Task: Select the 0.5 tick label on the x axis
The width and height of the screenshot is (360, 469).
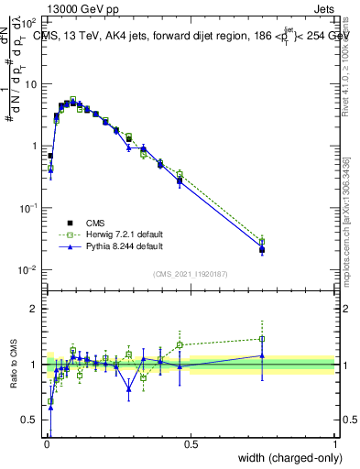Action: [191, 444]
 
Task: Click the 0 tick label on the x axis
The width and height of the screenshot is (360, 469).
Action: [46, 444]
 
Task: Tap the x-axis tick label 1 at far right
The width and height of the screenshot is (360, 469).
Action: [335, 444]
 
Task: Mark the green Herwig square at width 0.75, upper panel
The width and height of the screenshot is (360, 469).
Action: [262, 242]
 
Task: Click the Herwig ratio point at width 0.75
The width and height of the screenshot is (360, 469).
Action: [262, 339]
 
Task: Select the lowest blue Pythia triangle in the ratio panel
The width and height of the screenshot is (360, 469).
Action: [50, 407]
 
